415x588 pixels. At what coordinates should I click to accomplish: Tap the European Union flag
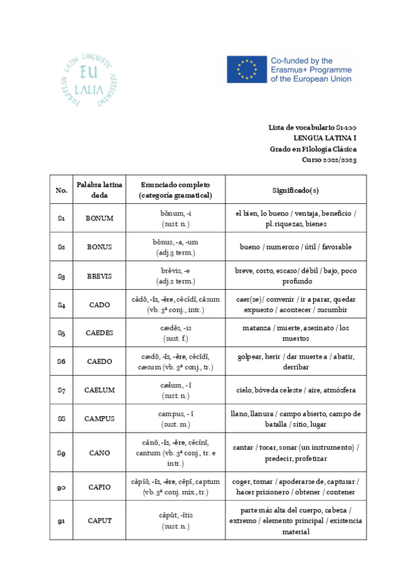pos(246,69)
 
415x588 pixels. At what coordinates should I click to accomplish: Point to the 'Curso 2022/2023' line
pos(330,159)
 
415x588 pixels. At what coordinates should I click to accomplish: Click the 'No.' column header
pos(62,189)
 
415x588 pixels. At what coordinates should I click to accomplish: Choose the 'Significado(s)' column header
pos(296,189)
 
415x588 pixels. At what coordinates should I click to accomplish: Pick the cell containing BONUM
pos(99,218)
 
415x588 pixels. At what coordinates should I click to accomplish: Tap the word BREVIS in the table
pos(99,276)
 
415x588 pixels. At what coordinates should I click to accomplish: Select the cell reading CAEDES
pos(99,333)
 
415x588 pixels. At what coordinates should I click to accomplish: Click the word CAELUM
pos(99,390)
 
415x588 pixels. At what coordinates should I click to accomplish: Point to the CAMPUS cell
pos(99,419)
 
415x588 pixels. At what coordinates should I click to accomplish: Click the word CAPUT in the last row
pos(99,520)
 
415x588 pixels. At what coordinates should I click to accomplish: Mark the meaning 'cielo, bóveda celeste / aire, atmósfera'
pos(296,390)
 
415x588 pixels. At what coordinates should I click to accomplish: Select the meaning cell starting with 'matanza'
pos(296,333)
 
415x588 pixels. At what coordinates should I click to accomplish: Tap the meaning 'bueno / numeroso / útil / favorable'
pos(296,247)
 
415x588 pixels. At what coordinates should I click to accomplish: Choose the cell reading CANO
pos(99,453)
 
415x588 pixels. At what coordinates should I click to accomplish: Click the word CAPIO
pos(99,487)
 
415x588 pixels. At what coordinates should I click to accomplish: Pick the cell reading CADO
pos(99,304)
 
